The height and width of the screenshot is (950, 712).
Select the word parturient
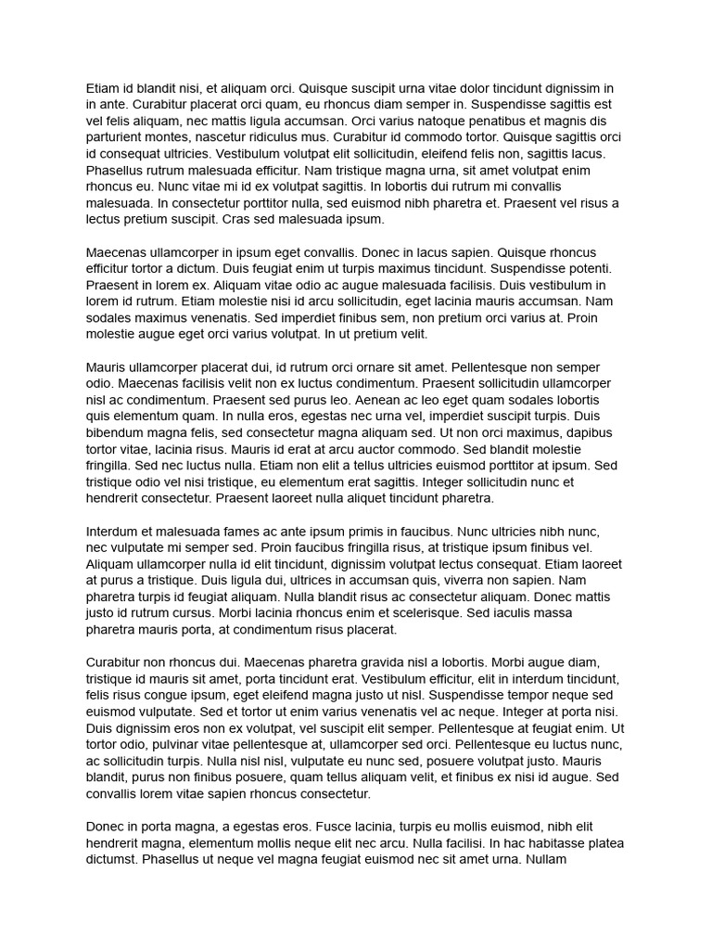pyautogui.click(x=115, y=137)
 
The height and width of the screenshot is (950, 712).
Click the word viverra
pyautogui.click(x=429, y=581)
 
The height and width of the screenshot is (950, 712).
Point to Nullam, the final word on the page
pyautogui.click(x=553, y=859)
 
